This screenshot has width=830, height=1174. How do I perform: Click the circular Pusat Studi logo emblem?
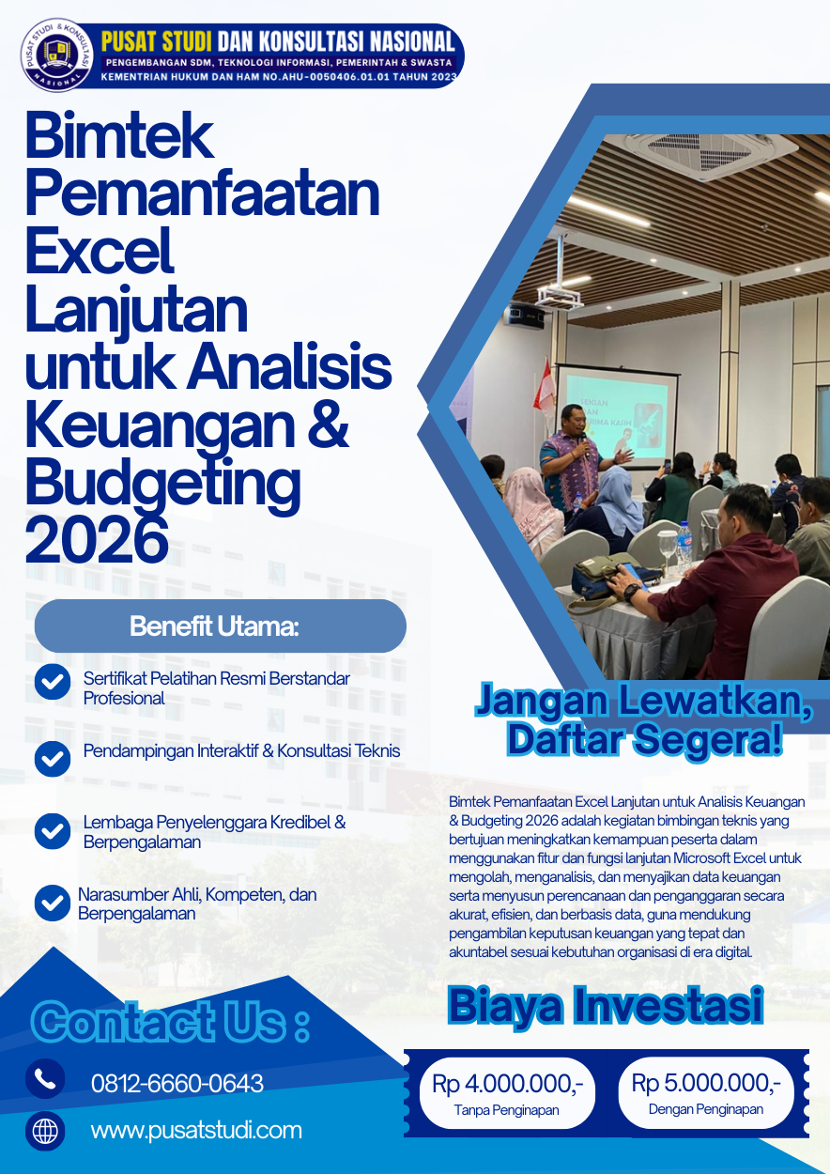pos(56,55)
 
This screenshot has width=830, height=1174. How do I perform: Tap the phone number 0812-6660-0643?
pos(177,1083)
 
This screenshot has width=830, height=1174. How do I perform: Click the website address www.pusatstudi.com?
pos(196,1131)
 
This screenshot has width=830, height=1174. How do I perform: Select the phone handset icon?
pos(45,1078)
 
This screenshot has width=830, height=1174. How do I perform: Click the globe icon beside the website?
pos(45,1131)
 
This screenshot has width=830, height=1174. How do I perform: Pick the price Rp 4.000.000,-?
pos(507,1084)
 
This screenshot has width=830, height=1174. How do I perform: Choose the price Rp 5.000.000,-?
pos(706,1083)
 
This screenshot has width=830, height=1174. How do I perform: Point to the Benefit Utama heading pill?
pos(220,626)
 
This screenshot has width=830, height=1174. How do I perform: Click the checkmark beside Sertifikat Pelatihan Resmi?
pos(53,681)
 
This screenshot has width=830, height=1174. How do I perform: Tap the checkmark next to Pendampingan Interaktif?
pos(53,758)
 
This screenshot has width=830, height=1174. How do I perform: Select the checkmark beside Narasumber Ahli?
pos(53,903)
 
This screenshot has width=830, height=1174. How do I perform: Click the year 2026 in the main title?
pos(97,540)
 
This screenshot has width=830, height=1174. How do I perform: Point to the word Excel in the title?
pos(100,251)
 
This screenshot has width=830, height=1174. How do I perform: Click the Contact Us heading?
pos(170,1022)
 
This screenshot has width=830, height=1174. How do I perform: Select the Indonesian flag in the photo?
pos(545,389)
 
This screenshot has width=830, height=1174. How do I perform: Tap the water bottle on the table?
pos(684,547)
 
